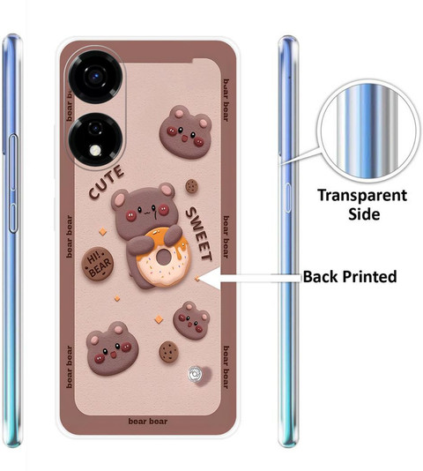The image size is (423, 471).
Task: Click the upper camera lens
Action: (x=95, y=76)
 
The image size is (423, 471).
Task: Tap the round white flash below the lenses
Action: (x=96, y=150)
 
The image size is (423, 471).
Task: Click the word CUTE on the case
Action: (x=107, y=182)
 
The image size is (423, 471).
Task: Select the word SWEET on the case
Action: (x=199, y=234)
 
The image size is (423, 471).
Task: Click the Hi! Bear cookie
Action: (x=98, y=264)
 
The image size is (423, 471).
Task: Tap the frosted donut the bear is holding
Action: (x=163, y=258)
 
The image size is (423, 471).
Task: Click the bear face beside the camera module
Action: (x=186, y=132)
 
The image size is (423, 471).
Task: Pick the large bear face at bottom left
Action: (x=112, y=348)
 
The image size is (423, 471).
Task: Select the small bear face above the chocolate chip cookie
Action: (x=191, y=320)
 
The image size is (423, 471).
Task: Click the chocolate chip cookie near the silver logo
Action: (x=168, y=352)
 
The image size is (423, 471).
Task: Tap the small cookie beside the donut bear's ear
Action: (x=191, y=186)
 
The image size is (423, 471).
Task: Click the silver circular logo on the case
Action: (x=196, y=374)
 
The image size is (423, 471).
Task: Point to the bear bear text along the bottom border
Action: (x=148, y=422)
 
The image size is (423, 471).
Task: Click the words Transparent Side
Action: (x=362, y=205)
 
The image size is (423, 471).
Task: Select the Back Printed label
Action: (x=350, y=276)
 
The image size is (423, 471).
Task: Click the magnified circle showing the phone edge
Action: (x=368, y=131)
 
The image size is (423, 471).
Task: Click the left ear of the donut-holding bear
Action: (x=120, y=199)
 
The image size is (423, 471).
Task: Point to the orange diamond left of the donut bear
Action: (x=103, y=232)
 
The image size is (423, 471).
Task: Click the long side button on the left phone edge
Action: (x=13, y=183)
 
